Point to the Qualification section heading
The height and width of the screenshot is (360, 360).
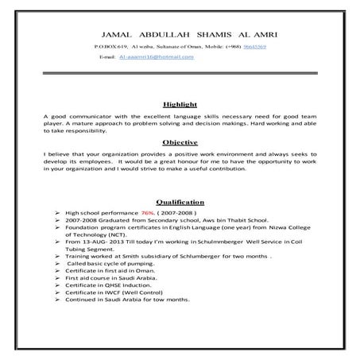pos(180,202)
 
